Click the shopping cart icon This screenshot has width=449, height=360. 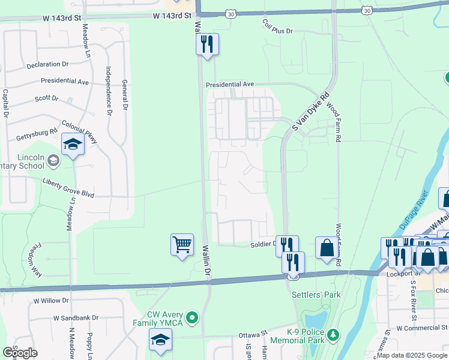click(x=182, y=245)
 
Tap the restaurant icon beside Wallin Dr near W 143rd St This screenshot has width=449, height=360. click(x=206, y=44)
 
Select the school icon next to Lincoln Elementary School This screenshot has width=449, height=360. click(x=73, y=145)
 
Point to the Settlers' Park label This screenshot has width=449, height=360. click(x=316, y=295)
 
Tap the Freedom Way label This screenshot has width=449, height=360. click(x=34, y=259)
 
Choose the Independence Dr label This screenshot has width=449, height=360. click(x=109, y=90)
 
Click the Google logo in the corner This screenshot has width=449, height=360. click(x=20, y=352)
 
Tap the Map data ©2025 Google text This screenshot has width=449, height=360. click(x=411, y=355)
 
